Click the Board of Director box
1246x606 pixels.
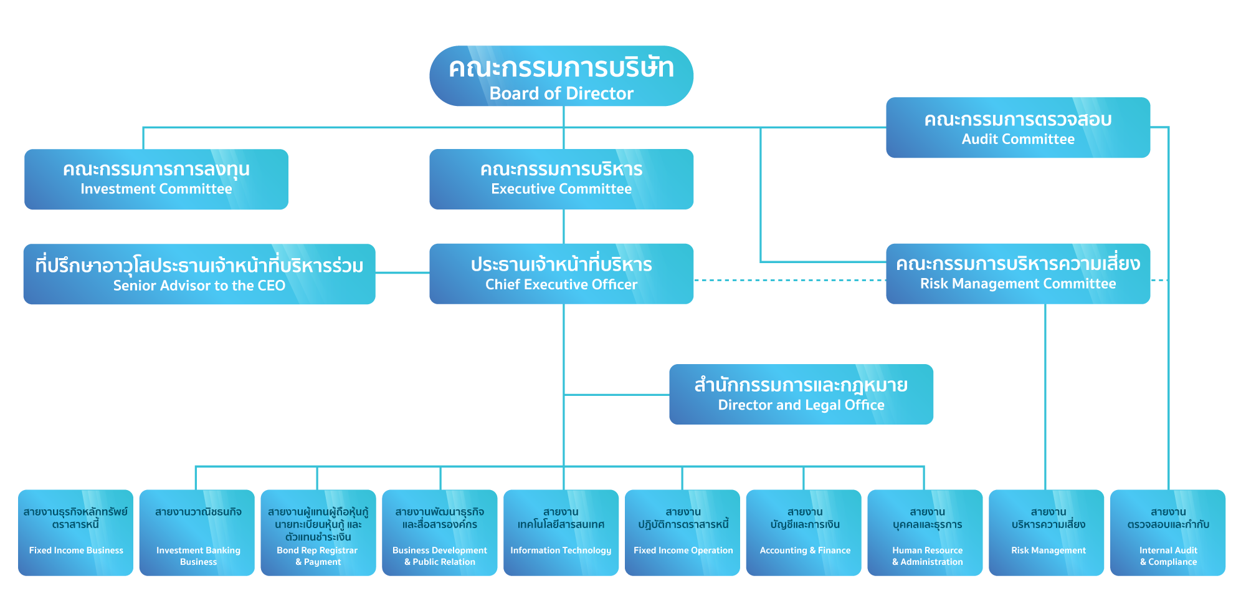click(x=561, y=76)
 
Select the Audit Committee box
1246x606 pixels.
click(x=1017, y=128)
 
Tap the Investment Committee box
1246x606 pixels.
click(x=156, y=180)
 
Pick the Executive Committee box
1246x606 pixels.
click(x=561, y=180)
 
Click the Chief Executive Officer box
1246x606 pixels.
click(x=561, y=274)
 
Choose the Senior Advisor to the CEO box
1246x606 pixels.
click(x=199, y=274)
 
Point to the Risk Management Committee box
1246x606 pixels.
click(x=1017, y=274)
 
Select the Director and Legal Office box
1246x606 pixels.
click(x=801, y=395)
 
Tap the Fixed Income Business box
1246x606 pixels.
click(x=76, y=532)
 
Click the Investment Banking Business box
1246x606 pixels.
click(x=197, y=532)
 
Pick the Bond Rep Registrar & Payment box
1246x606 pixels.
click(x=318, y=532)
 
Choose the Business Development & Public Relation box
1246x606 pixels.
click(x=439, y=532)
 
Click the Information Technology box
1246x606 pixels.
click(x=561, y=532)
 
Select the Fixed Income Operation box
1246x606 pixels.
click(x=683, y=532)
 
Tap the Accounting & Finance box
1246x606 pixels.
click(x=804, y=532)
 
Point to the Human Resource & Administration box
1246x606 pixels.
click(x=926, y=532)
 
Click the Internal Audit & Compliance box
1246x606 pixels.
click(x=1168, y=532)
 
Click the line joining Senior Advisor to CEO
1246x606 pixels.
click(x=402, y=272)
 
